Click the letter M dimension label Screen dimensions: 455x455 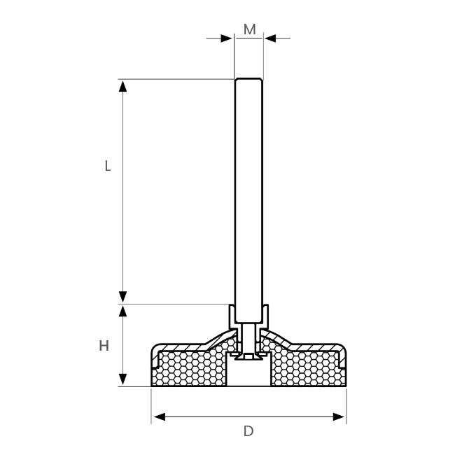(x=250, y=29)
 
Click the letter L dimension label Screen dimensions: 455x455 (x=108, y=166)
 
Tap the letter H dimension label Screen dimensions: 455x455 (x=104, y=346)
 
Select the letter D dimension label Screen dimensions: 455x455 (x=248, y=431)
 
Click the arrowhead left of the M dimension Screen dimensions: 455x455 (x=226, y=38)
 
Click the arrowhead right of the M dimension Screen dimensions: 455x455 (x=270, y=38)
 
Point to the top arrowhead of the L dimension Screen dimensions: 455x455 (x=122, y=87)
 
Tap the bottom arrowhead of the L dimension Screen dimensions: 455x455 (x=122, y=297)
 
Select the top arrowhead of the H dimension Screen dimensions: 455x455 (x=122, y=311)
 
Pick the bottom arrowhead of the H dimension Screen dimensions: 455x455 (x=122, y=379)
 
